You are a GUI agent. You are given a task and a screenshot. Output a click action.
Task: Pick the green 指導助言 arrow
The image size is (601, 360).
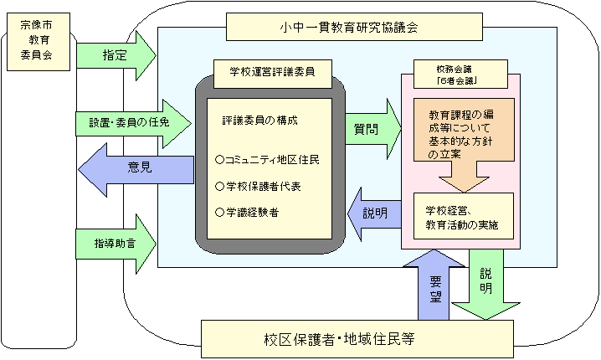[116, 242]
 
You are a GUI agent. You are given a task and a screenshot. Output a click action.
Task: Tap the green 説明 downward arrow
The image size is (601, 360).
[485, 288]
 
